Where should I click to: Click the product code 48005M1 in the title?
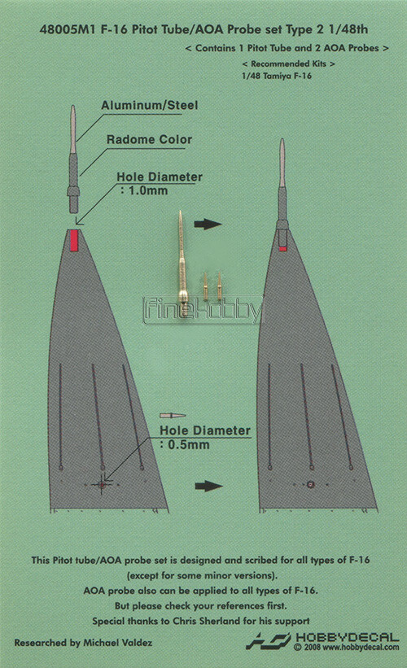point(67,29)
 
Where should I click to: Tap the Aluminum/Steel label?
point(150,105)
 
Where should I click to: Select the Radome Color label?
point(149,139)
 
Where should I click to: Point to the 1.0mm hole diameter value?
point(148,190)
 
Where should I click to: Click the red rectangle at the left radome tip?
point(74,241)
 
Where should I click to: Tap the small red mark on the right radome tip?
point(282,249)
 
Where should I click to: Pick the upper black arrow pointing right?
point(208,224)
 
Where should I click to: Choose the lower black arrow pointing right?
point(209,486)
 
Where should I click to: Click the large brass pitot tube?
point(182,260)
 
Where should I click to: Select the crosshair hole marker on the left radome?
point(102,484)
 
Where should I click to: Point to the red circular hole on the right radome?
point(311,484)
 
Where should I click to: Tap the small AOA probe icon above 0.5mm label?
point(173,416)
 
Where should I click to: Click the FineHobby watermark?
point(203,310)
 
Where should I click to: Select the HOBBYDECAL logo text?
point(348,638)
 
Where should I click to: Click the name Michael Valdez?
point(118,643)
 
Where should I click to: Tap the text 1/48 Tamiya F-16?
point(277,76)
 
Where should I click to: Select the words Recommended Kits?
point(288,64)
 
